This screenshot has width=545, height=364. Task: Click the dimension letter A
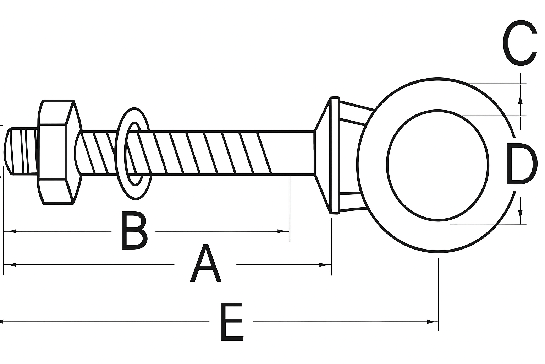206,264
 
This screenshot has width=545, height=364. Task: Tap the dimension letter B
134,231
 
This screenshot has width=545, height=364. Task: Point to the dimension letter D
519,164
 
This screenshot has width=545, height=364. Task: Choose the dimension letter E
232,322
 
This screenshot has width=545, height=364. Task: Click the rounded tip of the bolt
8,151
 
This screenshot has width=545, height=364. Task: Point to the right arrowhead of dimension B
283,231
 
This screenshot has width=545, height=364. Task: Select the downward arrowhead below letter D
520,215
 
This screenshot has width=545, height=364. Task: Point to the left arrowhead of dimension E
3,322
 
